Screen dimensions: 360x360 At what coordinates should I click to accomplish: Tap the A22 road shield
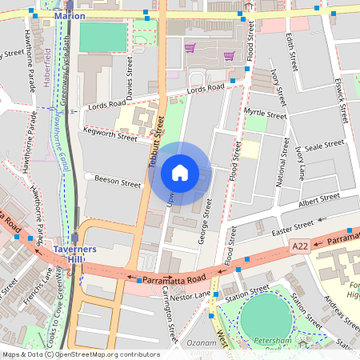[300, 246]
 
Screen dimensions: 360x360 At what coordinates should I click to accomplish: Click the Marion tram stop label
[69, 14]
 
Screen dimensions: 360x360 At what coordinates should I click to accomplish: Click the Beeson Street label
[117, 181]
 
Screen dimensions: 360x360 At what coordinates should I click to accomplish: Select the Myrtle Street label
[265, 114]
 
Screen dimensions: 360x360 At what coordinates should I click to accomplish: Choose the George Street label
[206, 214]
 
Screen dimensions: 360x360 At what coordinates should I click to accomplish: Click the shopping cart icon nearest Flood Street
[229, 56]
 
